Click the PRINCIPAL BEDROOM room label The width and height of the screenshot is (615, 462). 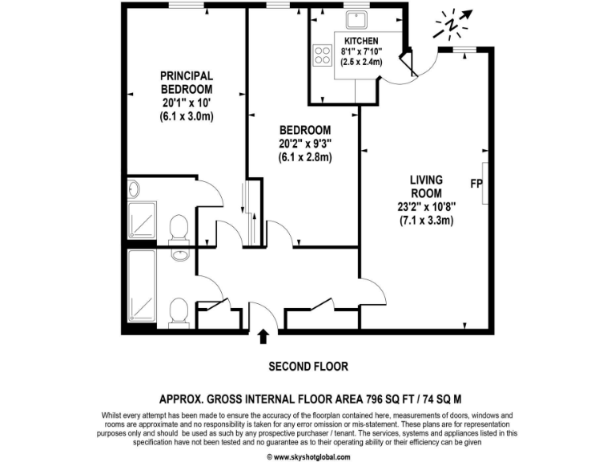187,82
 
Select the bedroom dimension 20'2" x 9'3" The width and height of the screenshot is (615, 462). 305,144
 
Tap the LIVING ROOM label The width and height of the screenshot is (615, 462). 427,187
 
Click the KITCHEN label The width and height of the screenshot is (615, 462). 361,41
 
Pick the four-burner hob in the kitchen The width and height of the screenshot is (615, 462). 323,55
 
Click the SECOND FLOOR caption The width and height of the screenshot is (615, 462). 307,367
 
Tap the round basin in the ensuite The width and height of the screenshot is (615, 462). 133,189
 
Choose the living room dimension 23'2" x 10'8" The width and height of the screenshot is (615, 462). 427,206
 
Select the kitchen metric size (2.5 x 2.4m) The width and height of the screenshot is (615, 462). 361,61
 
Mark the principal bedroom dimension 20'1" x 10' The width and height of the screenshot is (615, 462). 187,103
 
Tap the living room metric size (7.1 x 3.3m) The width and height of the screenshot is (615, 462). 427,220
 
